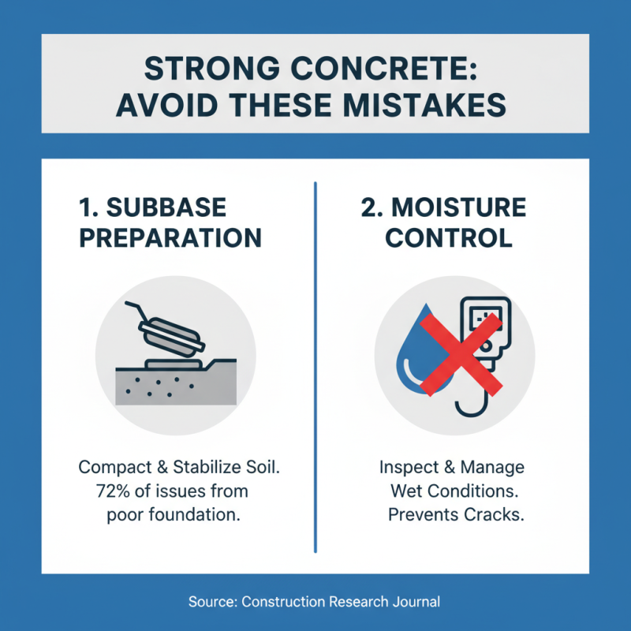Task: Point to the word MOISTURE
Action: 462,207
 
